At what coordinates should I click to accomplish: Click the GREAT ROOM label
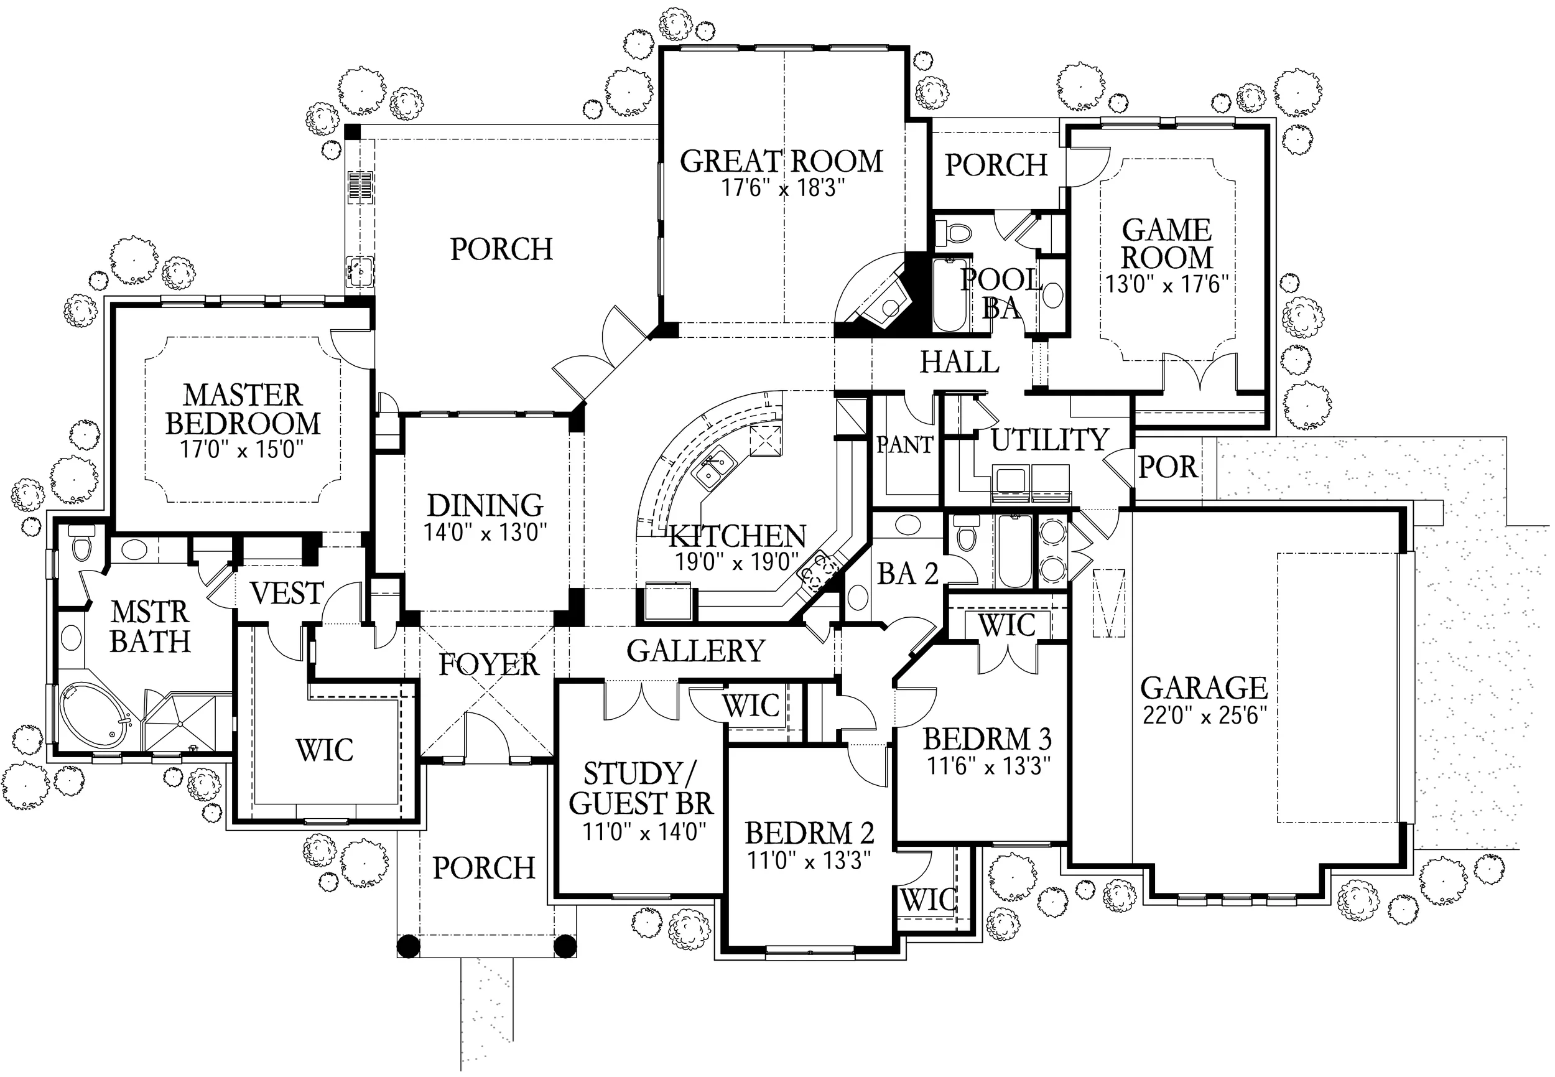point(781,161)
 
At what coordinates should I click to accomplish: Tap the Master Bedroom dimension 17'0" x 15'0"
point(241,449)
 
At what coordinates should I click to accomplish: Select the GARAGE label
point(1204,688)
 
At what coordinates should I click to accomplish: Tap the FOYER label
point(488,664)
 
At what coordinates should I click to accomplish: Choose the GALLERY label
point(695,651)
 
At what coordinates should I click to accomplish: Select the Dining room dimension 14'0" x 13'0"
point(485,533)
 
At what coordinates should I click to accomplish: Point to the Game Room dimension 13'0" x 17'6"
point(1166,284)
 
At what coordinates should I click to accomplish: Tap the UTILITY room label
point(1050,440)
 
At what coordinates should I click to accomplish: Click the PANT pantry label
point(904,445)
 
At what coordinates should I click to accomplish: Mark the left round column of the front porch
point(408,946)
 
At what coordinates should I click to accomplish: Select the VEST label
point(287,594)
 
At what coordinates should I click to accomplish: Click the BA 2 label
point(908,574)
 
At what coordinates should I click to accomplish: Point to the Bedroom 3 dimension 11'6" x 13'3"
point(989,767)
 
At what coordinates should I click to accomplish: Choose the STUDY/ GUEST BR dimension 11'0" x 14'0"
point(644,832)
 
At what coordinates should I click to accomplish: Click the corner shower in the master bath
point(181,723)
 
